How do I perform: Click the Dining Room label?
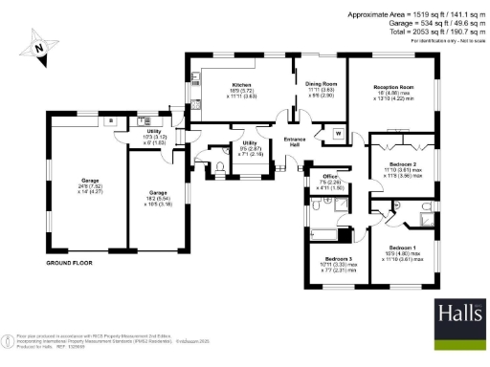tap(321, 85)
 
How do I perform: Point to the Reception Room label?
tap(393, 87)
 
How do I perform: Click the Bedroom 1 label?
tap(402, 248)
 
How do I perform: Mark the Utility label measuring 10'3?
tap(153, 132)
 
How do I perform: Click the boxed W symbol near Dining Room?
tap(337, 132)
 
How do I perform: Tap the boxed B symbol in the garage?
tap(112, 121)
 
